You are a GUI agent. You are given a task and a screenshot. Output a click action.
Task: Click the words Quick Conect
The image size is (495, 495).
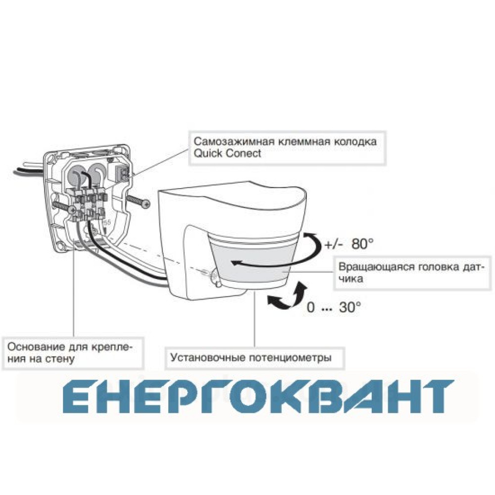(x=227, y=153)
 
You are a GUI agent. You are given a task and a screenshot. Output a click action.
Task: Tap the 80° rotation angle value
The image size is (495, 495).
(x=362, y=244)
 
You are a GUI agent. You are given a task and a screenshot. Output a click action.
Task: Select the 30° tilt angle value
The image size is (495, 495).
(x=350, y=307)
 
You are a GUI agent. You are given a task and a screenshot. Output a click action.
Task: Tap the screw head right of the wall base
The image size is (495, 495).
(x=146, y=204)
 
